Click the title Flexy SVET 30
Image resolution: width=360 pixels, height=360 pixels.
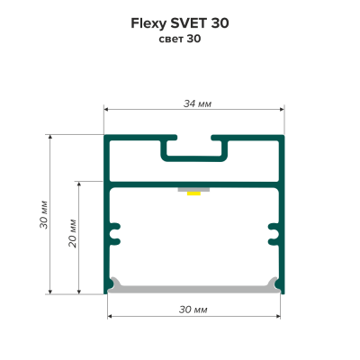pyautogui.click(x=180, y=23)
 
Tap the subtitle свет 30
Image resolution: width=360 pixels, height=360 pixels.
pyautogui.click(x=180, y=39)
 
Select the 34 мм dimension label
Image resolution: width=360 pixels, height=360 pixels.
pyautogui.click(x=197, y=103)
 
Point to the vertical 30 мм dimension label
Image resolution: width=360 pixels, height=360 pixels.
pyautogui.click(x=44, y=214)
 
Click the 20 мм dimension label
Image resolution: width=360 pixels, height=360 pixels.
pyautogui.click(x=73, y=234)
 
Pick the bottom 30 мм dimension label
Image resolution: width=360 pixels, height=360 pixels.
pyautogui.click(x=193, y=310)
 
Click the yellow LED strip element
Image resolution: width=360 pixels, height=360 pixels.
pyautogui.click(x=193, y=193)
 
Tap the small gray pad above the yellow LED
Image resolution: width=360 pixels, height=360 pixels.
pyautogui.click(x=193, y=190)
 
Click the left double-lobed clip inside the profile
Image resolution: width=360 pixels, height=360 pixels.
pyautogui.click(x=114, y=234)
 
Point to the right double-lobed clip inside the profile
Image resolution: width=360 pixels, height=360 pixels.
pyautogui.click(x=274, y=234)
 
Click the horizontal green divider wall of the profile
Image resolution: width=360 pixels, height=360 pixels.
pyautogui.click(x=193, y=184)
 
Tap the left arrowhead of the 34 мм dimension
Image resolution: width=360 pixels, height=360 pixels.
pyautogui.click(x=106, y=109)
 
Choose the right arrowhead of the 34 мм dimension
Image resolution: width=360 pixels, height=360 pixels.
pyautogui.click(x=282, y=109)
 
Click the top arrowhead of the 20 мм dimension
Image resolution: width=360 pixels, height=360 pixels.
pyautogui.click(x=79, y=184)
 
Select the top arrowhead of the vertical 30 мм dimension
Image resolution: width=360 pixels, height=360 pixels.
pyautogui.click(x=50, y=138)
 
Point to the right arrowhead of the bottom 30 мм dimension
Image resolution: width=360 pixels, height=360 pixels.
pyautogui.click(x=278, y=316)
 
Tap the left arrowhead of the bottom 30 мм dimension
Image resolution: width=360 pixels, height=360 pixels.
pyautogui.click(x=110, y=316)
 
